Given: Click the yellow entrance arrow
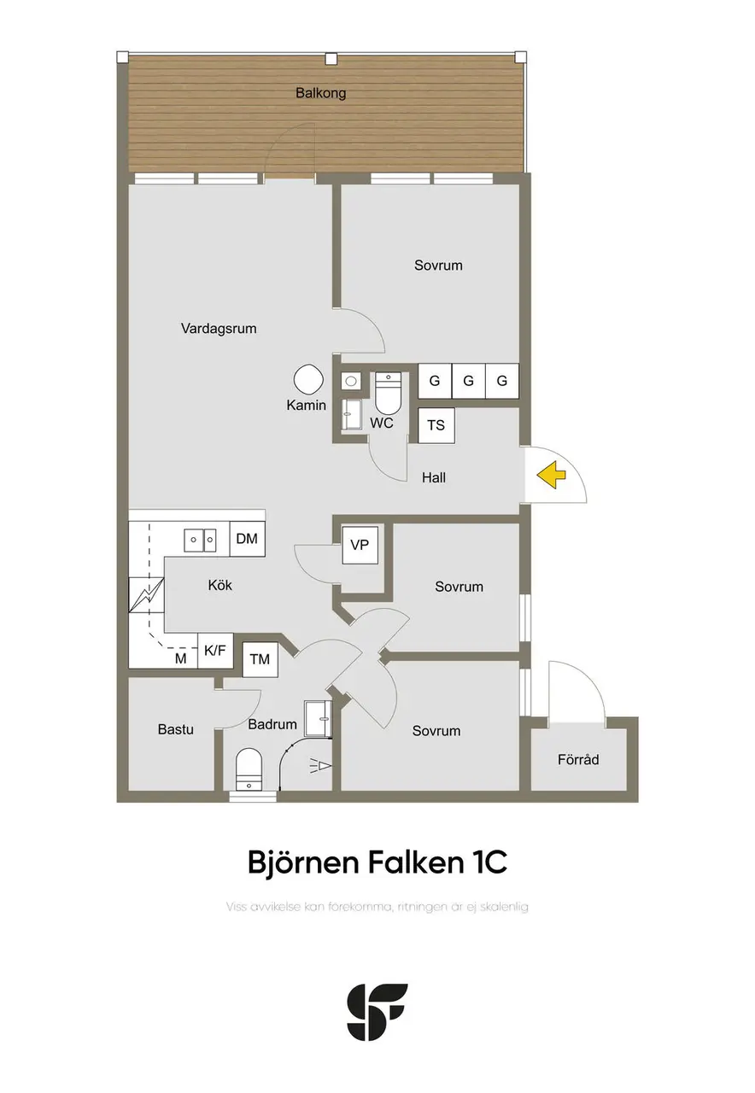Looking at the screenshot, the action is click(551, 474).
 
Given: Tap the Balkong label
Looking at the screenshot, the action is click(320, 93).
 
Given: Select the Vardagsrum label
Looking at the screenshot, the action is click(219, 329).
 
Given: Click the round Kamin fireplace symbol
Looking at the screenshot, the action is click(308, 380).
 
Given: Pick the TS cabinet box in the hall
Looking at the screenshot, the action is click(436, 425).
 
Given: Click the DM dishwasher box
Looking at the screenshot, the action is click(247, 539).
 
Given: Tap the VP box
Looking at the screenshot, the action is click(360, 545).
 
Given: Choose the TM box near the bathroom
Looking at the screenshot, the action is click(260, 660).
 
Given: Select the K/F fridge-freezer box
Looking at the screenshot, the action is click(215, 651).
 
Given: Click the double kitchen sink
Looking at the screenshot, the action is click(200, 541).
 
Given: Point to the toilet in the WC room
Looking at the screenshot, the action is click(388, 392).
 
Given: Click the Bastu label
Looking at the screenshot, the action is click(176, 729).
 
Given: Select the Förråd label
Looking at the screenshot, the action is click(578, 759).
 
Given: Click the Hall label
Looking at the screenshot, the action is click(434, 477).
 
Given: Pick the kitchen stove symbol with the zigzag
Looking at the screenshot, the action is click(146, 595).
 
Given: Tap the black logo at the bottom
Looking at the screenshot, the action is click(377, 1012).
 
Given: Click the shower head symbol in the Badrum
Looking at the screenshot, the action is click(320, 766).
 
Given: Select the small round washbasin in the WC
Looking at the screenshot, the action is click(349, 381).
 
